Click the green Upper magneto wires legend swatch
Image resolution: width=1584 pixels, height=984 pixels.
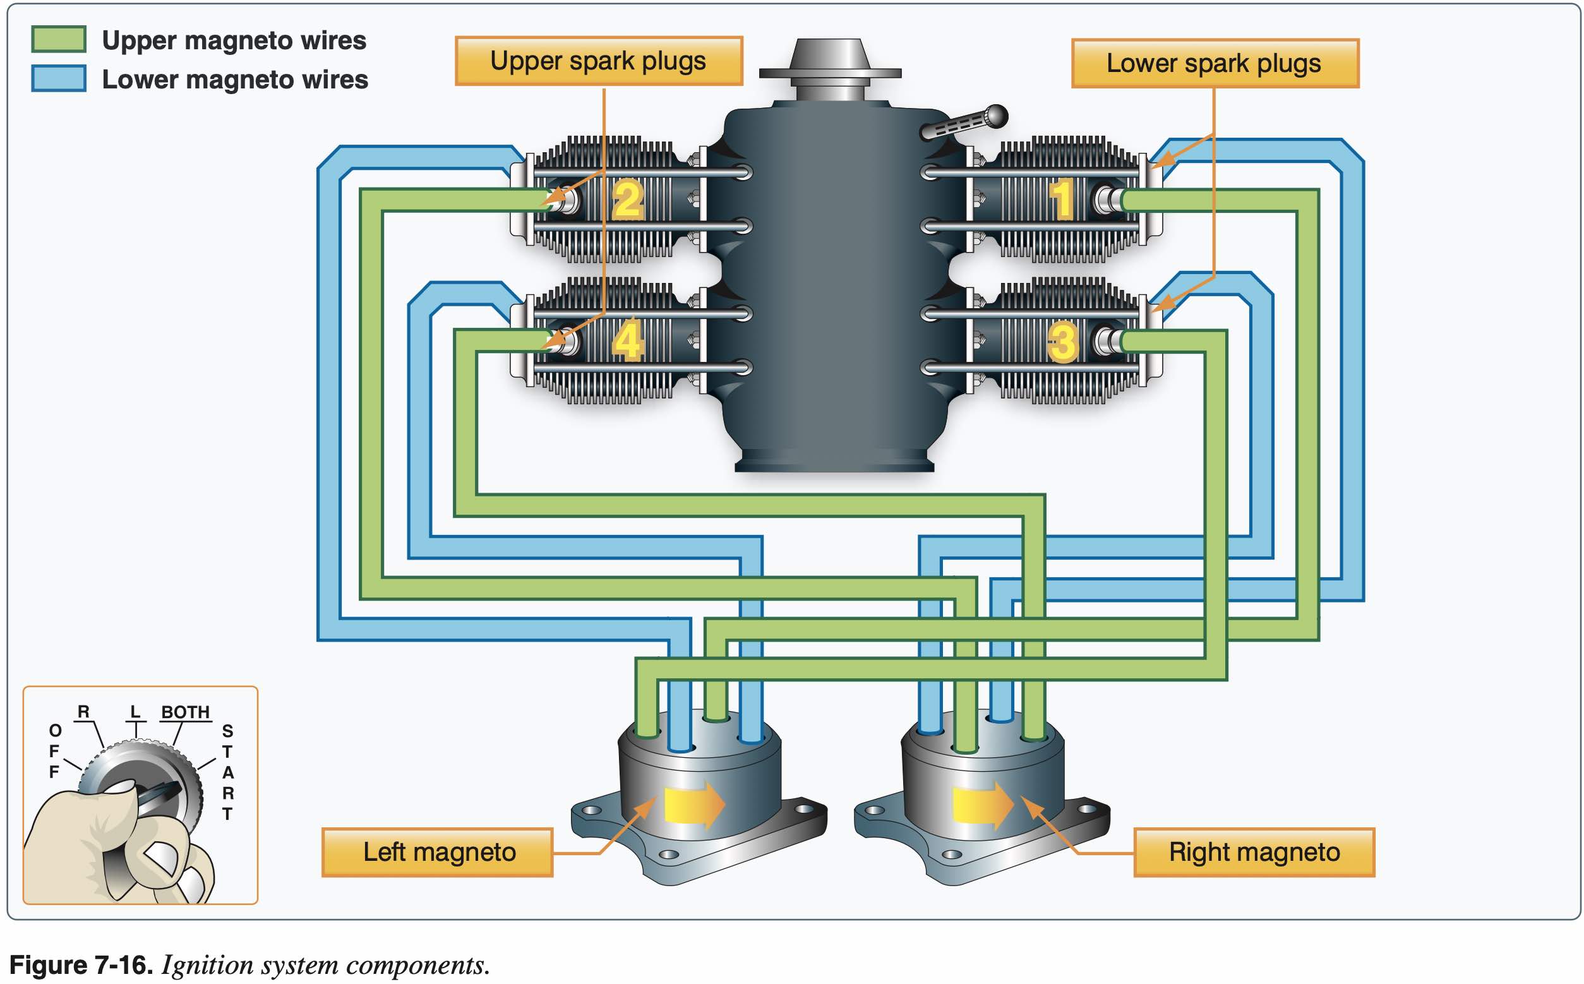[x=59, y=39]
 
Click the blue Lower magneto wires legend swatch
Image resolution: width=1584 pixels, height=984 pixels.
[x=59, y=78]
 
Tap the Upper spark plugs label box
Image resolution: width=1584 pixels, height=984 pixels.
[x=598, y=61]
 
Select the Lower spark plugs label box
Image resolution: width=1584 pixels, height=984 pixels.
[x=1215, y=64]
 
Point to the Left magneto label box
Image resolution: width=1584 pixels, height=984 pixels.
[x=437, y=853]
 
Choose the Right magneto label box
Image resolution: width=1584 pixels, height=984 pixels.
[x=1254, y=853]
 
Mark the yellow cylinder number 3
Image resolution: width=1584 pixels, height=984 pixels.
[x=1062, y=342]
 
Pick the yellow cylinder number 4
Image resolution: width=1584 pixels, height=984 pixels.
[x=628, y=340]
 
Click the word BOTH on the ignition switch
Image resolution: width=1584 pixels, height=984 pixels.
[x=186, y=712]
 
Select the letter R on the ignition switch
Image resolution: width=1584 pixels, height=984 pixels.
[x=83, y=712]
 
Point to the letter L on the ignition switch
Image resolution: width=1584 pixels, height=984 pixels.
[x=135, y=712]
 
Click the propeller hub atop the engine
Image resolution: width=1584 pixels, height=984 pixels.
[x=830, y=65]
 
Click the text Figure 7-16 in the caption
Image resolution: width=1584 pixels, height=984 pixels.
[x=81, y=965]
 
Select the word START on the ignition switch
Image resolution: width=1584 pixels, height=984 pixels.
[x=227, y=772]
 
